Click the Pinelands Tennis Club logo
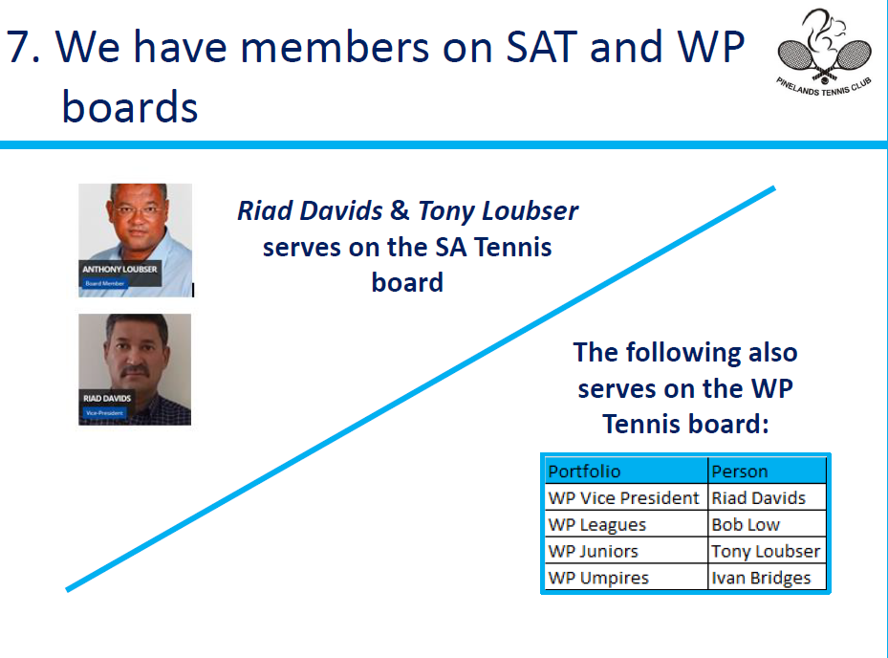pos(824,53)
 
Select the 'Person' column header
pos(767,471)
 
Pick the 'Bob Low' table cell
pos(767,524)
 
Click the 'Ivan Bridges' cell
pos(767,577)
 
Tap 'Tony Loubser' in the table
pos(767,550)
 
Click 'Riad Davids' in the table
pos(767,497)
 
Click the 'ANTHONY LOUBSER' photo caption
pos(119,269)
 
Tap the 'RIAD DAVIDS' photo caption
pos(107,399)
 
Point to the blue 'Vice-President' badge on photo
pos(104,413)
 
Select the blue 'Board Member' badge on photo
pos(105,283)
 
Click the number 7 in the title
pos(18,47)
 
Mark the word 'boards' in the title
pos(130,106)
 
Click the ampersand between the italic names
pos(400,210)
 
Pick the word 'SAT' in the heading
pos(541,47)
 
